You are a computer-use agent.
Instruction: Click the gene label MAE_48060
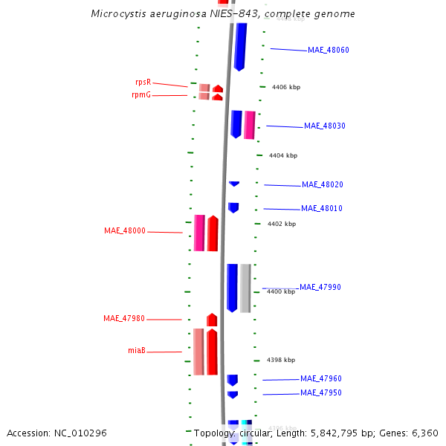[328, 51]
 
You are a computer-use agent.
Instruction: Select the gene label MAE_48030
[324, 126]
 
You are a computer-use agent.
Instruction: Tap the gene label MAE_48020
[322, 185]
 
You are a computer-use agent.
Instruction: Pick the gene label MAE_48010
[321, 209]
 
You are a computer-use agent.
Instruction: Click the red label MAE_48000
[125, 231]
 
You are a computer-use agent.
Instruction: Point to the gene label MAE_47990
[320, 287]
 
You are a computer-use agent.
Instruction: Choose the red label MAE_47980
[124, 319]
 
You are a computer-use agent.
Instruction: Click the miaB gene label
[136, 351]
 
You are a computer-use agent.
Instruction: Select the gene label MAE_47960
[320, 379]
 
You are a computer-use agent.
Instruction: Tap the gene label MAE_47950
[320, 393]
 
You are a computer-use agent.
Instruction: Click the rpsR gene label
[143, 83]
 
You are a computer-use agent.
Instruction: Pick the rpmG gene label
[141, 95]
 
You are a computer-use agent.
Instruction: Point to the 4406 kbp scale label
[286, 88]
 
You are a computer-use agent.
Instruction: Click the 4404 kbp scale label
[282, 156]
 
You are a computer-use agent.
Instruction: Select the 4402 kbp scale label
[282, 224]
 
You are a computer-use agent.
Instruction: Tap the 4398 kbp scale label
[280, 360]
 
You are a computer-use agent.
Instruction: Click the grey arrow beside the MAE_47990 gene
[245, 288]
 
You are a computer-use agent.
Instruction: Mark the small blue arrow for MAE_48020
[234, 184]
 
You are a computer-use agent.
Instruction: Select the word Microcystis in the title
[116, 14]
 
